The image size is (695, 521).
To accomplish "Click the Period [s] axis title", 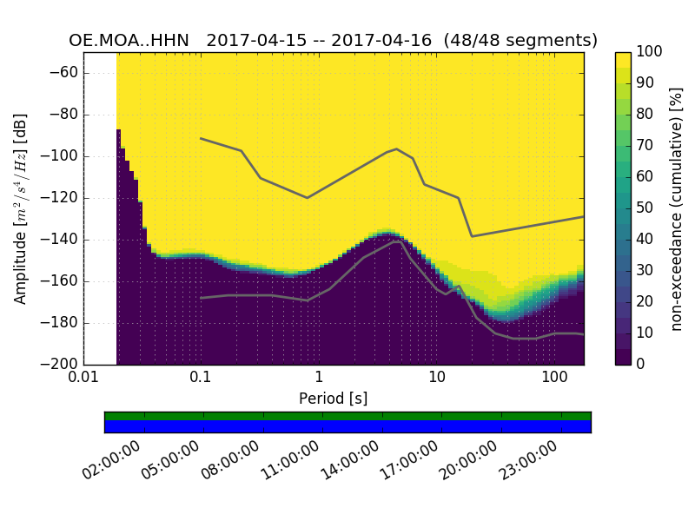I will (x=333, y=399).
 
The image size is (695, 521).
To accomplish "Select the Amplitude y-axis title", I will (x=21, y=208).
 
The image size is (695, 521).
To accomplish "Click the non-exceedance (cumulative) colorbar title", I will (x=678, y=208).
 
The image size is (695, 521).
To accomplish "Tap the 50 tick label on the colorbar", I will (x=648, y=208).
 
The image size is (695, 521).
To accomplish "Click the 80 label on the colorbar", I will (x=648, y=114).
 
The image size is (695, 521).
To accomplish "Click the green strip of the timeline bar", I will (x=347, y=416).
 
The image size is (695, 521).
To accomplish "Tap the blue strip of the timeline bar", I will (x=347, y=426).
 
